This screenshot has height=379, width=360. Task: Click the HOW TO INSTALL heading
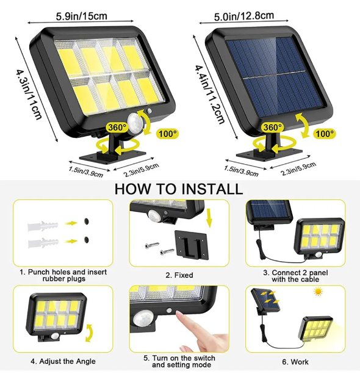point(178,189)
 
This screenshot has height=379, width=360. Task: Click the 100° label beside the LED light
point(167,133)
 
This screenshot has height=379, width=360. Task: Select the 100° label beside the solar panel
point(325,133)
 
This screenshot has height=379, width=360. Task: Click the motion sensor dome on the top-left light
point(135,121)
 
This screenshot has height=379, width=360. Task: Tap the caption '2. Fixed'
point(179,275)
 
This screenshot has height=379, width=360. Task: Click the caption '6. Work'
point(299,362)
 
